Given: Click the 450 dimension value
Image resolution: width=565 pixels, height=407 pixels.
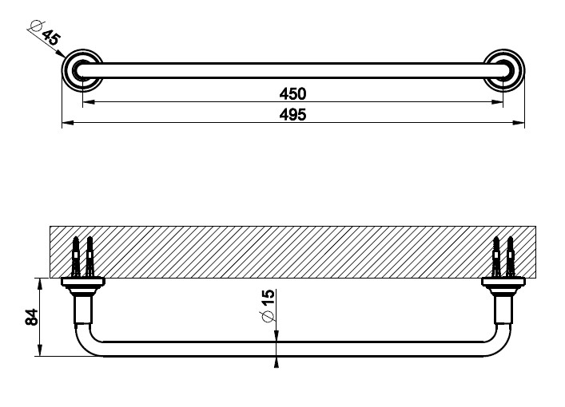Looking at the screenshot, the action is (x=292, y=94).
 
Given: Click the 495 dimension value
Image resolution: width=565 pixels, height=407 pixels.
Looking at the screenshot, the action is (x=292, y=115).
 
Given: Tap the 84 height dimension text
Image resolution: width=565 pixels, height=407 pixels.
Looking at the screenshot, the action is (x=32, y=317).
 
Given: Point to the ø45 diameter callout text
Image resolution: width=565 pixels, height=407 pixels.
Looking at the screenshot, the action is (x=45, y=33).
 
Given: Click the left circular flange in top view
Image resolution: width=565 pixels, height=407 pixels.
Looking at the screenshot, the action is (x=82, y=70).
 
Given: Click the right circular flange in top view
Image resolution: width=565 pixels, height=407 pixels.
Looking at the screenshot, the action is (x=503, y=70).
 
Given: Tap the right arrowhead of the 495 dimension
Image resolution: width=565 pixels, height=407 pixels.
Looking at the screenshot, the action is (x=519, y=123).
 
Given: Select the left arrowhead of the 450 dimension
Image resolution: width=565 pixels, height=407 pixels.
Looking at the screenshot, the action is (x=89, y=102).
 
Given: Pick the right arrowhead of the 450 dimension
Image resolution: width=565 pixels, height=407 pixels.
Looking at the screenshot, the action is (x=497, y=102).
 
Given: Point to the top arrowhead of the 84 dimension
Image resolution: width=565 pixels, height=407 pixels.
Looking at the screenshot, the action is (x=40, y=283).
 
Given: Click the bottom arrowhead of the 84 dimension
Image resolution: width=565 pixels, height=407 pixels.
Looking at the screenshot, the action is (x=40, y=351).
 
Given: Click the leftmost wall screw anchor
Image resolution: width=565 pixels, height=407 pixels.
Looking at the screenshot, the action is (x=76, y=256).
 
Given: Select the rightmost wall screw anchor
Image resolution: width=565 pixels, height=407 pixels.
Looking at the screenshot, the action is (x=510, y=256).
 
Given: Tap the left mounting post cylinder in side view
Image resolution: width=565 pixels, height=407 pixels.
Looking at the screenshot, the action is (x=83, y=309).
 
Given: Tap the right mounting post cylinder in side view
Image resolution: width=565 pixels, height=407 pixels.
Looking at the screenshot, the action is (x=503, y=309).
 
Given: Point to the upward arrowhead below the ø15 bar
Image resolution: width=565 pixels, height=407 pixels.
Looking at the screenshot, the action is (x=277, y=362).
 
